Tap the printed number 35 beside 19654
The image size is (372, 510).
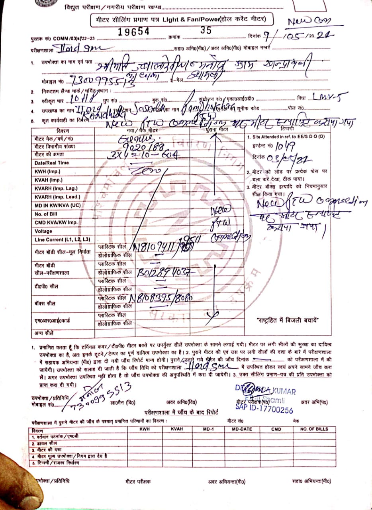[x=206, y=30]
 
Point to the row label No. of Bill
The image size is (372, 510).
[x=46, y=214]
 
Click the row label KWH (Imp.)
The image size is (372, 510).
[x=47, y=171]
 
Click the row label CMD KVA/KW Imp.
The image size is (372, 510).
[x=56, y=222]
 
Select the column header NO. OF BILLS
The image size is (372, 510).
[x=314, y=429]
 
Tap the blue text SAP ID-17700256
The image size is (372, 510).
[x=264, y=410]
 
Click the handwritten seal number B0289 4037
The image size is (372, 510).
[x=165, y=273]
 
